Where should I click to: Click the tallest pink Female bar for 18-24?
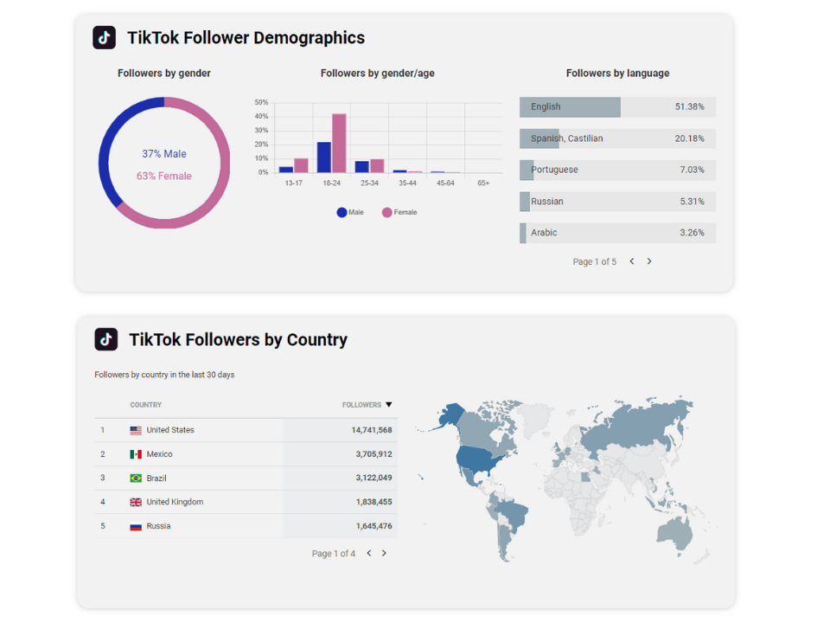tap(339, 143)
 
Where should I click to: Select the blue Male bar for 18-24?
tap(324, 157)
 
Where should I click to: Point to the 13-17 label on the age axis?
tap(294, 183)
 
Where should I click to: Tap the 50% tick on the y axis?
tap(261, 102)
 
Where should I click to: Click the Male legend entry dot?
tap(342, 212)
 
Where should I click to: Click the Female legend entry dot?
tap(387, 212)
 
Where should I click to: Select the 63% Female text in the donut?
tap(164, 177)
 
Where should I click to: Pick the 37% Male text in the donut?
tap(164, 154)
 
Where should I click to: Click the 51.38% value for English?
tap(689, 107)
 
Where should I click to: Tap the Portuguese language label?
tap(554, 170)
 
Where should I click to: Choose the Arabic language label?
tap(544, 233)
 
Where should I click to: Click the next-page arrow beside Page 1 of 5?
tap(649, 261)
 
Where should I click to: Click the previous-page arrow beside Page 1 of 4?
tap(369, 553)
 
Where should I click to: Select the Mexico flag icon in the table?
tap(136, 454)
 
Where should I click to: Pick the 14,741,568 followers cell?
tap(372, 430)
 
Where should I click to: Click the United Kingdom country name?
tap(175, 502)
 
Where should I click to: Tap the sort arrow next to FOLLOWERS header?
tap(389, 405)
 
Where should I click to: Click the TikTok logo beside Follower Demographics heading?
tap(105, 37)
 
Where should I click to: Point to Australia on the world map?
tap(674, 530)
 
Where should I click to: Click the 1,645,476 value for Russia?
tap(373, 526)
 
